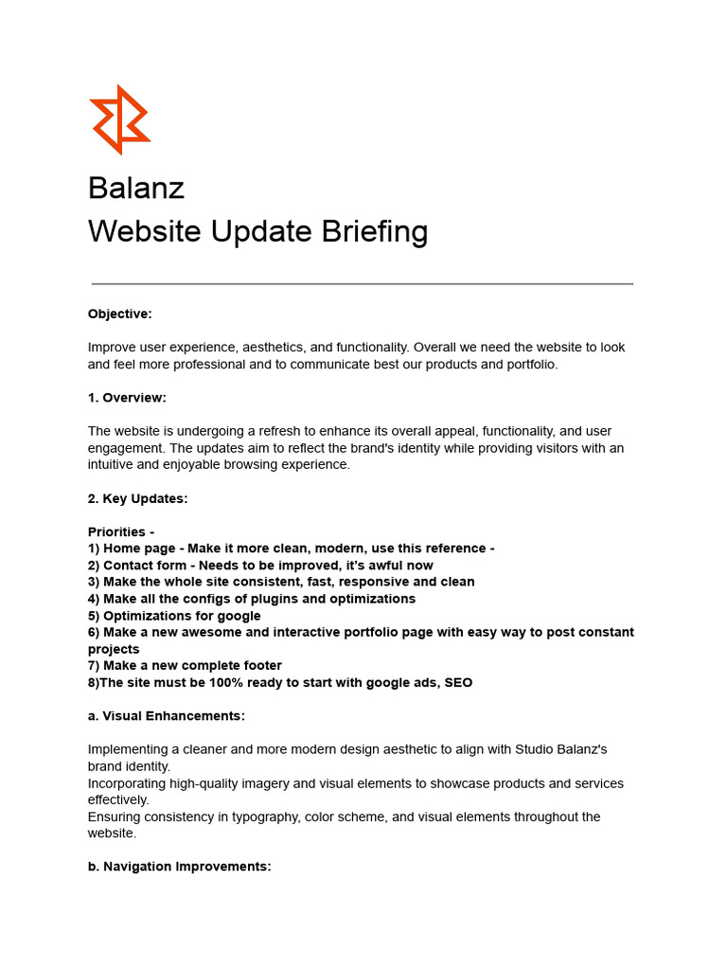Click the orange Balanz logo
point(120,119)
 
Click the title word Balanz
point(136,188)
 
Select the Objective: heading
point(120,314)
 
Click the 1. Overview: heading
point(127,398)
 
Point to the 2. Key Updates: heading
point(138,499)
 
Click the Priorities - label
point(121,532)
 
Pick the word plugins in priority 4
point(275,599)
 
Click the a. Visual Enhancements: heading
point(167,716)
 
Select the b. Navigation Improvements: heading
point(180,867)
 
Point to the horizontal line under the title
point(363,283)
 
